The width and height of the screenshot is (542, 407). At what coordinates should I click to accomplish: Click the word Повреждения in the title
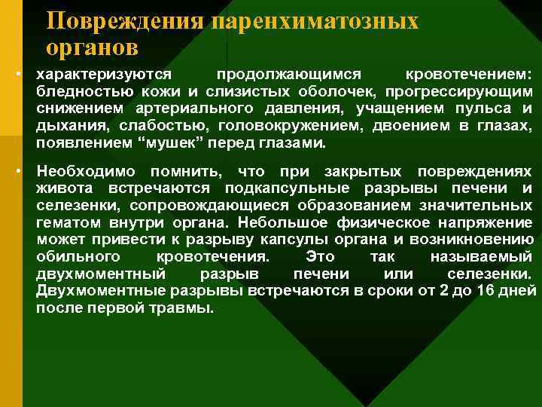[x=125, y=21]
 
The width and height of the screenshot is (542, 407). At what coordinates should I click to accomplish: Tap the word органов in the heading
[x=91, y=47]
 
